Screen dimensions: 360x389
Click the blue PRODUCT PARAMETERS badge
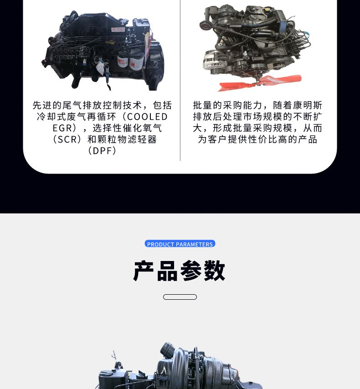point(180,244)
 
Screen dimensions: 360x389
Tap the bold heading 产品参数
point(179,271)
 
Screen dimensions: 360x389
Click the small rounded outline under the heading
point(180,297)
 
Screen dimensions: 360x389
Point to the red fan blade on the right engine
point(260,82)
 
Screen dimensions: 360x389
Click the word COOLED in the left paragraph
point(147,117)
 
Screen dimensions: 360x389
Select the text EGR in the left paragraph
point(62,128)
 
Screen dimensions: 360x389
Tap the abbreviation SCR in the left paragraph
point(67,139)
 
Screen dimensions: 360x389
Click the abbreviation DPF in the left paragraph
point(102,151)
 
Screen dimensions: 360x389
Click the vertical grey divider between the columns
point(180,80)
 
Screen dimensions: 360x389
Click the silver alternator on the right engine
point(211,60)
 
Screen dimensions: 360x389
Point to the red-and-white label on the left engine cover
point(118,30)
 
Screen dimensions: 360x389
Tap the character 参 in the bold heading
point(191,271)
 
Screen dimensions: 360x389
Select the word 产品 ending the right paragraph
point(308,139)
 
